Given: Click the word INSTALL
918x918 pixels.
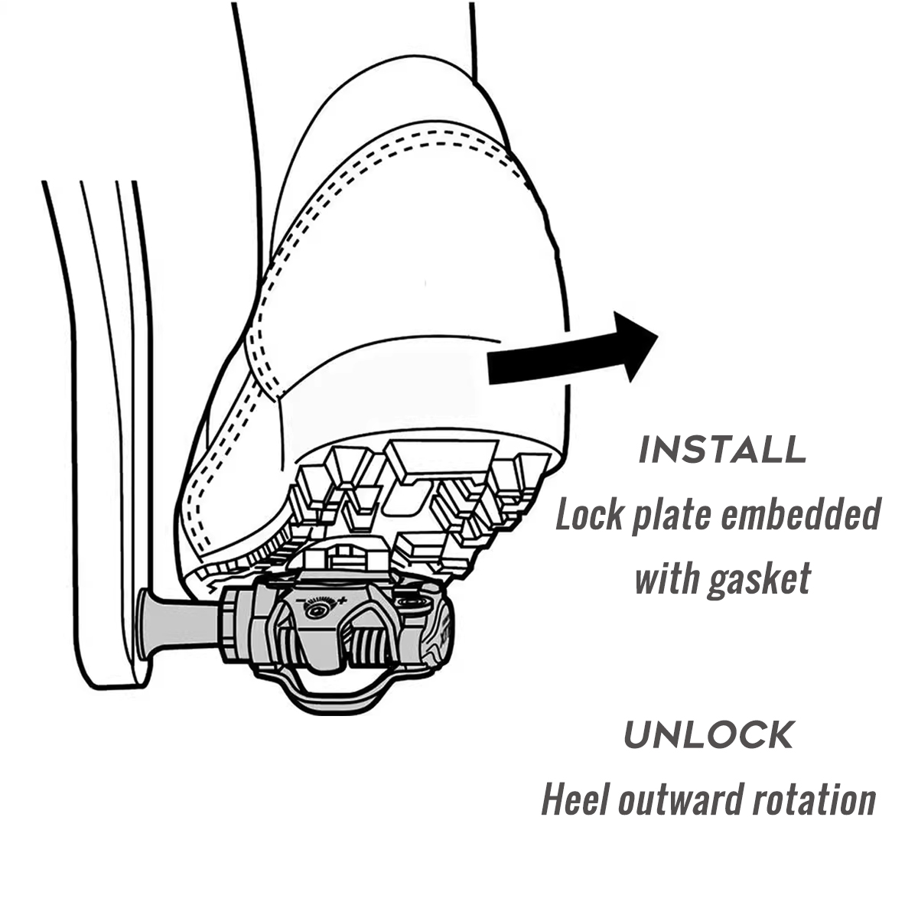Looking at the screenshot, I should [722, 451].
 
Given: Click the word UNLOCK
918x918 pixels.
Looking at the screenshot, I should [708, 735].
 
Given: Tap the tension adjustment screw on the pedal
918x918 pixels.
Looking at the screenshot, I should [316, 610].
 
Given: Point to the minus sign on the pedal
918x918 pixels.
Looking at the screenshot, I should [299, 601].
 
